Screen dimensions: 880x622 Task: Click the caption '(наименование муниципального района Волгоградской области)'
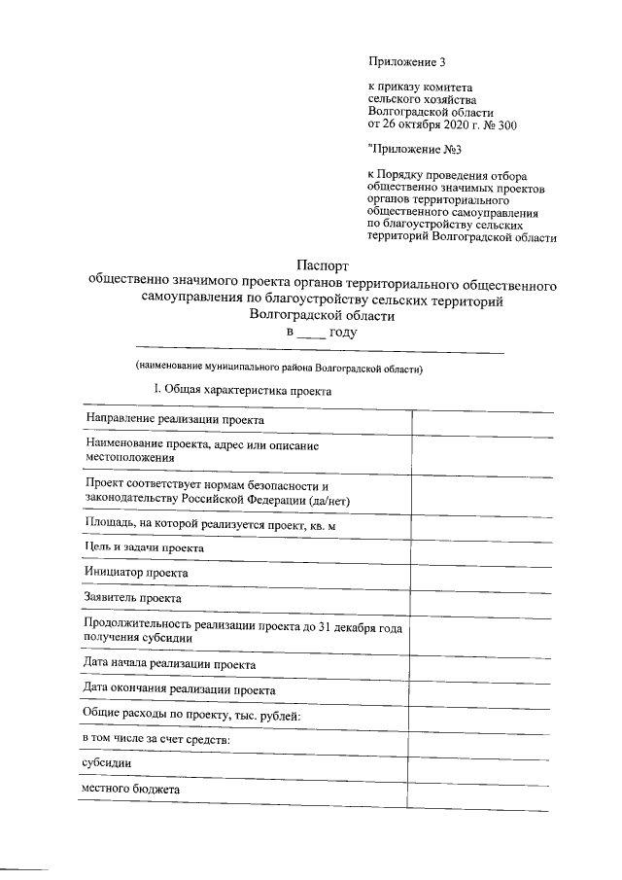click(x=280, y=369)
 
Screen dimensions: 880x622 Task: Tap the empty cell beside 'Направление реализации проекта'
click(x=481, y=419)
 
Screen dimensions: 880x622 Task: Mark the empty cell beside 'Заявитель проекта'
click(x=481, y=598)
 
